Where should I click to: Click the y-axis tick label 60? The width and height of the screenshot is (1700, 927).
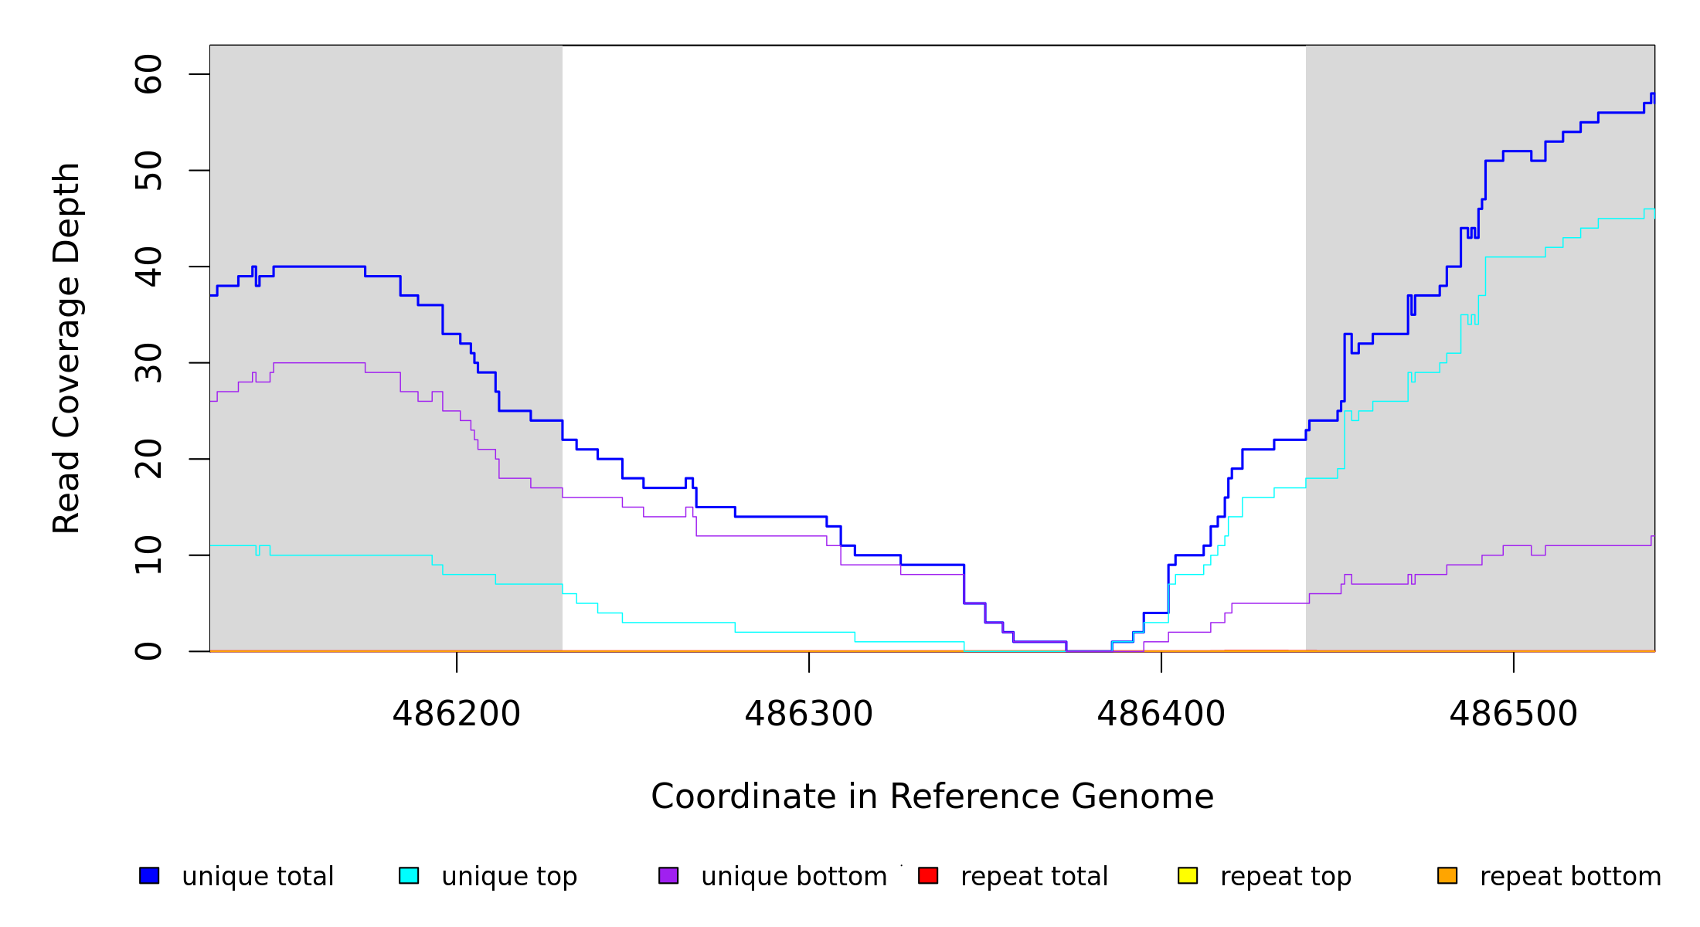[148, 74]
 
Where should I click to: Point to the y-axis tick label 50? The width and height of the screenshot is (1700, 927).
[148, 171]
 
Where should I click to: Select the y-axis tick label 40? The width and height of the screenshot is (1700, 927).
[148, 267]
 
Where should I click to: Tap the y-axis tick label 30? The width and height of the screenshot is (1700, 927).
[148, 363]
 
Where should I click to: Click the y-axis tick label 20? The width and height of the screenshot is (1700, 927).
[148, 459]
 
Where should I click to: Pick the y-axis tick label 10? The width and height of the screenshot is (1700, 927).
[148, 555]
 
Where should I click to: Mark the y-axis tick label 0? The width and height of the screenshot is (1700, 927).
[148, 651]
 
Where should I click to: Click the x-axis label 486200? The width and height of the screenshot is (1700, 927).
[457, 715]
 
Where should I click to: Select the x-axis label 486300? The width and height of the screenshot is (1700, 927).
[809, 715]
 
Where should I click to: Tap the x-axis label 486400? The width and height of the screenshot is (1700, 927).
[1161, 715]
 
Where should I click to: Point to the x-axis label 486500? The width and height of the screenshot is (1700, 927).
[1514, 715]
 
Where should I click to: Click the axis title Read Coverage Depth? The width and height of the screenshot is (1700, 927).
[66, 348]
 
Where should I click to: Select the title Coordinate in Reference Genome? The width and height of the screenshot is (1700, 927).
[932, 797]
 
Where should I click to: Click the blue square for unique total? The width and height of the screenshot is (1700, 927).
[149, 875]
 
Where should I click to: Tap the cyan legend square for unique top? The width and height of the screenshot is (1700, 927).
[409, 875]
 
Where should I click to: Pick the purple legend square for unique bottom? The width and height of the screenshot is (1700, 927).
[668, 875]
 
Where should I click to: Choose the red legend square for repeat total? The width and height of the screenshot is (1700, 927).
[928, 875]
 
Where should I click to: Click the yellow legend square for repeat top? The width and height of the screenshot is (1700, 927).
[1188, 875]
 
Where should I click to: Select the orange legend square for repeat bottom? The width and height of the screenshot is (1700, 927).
[1447, 875]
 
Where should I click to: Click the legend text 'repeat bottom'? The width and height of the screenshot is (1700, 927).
[1570, 877]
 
